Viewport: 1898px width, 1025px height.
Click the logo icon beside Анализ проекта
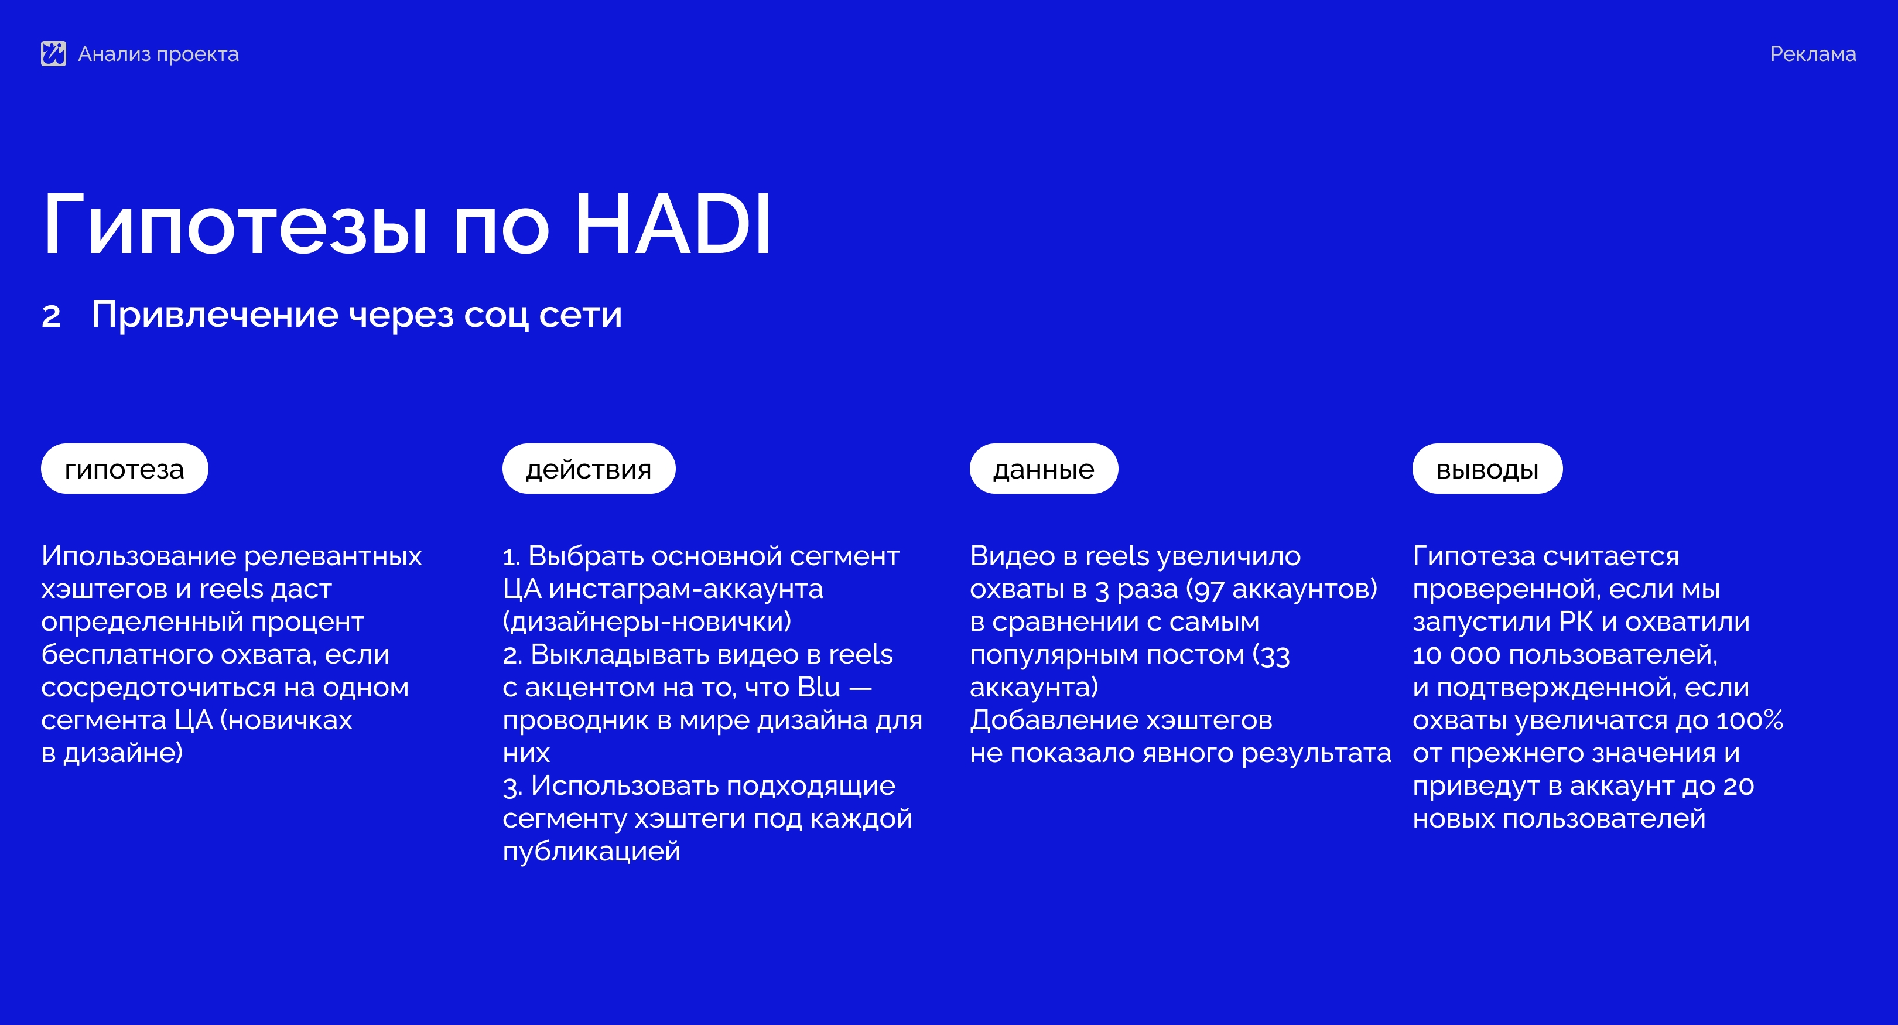pos(53,54)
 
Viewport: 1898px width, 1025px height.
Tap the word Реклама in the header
pos(1812,54)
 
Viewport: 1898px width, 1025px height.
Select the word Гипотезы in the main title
pos(235,224)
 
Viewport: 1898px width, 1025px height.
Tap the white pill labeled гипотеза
pos(125,469)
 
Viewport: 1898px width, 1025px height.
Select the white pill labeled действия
pos(589,469)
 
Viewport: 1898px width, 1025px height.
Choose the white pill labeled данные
pos(1044,469)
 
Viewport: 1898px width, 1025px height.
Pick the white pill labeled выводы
pos(1487,469)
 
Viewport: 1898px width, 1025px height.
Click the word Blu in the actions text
pos(819,687)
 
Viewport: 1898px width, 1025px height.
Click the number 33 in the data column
pos(1275,655)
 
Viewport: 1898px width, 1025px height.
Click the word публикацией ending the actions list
pos(591,852)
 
